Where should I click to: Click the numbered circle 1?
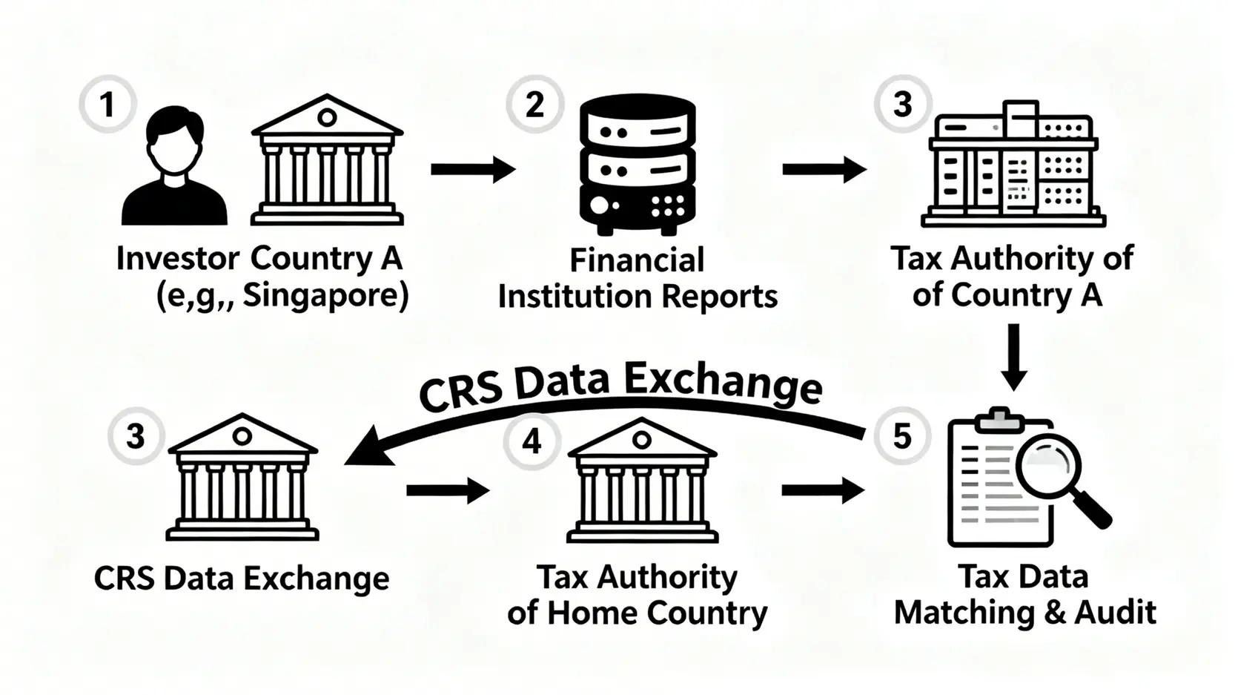tap(107, 104)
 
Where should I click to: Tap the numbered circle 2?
tap(534, 104)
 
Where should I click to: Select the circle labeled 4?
tap(532, 441)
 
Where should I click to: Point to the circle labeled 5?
tap(901, 436)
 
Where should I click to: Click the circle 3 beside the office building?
tap(902, 104)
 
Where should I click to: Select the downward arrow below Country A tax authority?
tap(1013, 356)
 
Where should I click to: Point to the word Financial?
tap(637, 260)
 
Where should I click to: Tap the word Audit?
tap(1115, 613)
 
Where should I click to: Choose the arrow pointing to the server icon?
tap(473, 169)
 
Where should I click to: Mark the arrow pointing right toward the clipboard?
tap(823, 490)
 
